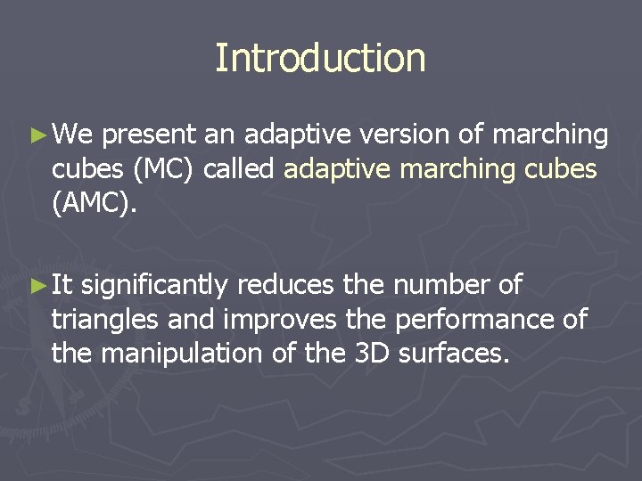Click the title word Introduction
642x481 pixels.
coord(320,59)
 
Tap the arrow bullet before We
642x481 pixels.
coord(37,135)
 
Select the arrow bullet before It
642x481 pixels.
coord(37,286)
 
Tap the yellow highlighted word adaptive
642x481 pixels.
coord(340,169)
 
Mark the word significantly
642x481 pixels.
coord(158,286)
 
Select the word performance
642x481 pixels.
coord(469,320)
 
